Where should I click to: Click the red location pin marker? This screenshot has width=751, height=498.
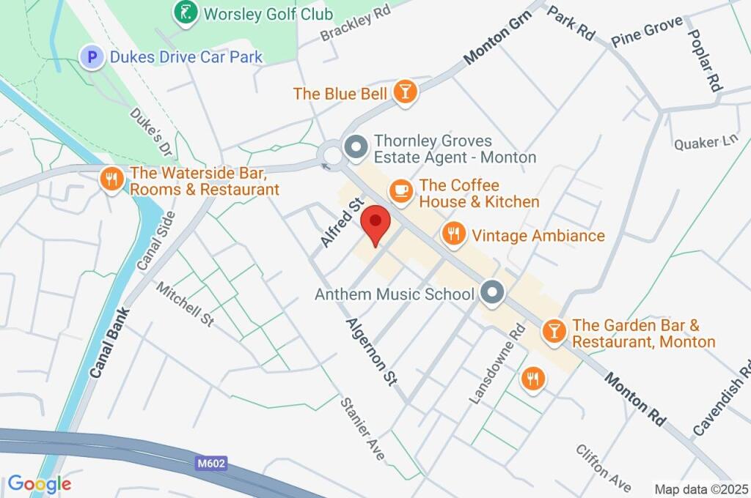click(x=377, y=224)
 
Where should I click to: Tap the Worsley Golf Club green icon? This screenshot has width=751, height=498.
click(x=186, y=12)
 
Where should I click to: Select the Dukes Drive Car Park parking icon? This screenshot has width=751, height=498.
click(x=92, y=56)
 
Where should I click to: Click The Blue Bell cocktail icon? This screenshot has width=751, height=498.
click(x=405, y=92)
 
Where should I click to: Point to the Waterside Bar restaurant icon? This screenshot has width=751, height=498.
click(x=111, y=180)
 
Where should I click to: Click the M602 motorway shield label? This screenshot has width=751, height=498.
click(x=211, y=463)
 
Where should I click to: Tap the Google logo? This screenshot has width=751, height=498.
click(x=39, y=484)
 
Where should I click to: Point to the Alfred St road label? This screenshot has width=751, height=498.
click(x=342, y=222)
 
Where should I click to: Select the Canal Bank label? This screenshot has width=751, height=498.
click(x=106, y=343)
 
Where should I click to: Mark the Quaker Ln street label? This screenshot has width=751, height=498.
click(x=706, y=142)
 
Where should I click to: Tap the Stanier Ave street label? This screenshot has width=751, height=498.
click(x=362, y=428)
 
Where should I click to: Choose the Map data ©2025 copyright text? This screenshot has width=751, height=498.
click(x=701, y=488)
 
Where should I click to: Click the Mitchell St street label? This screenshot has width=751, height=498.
click(x=185, y=304)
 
